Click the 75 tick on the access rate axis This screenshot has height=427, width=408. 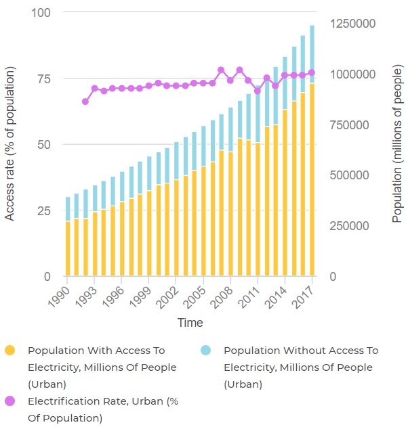coord(43,78)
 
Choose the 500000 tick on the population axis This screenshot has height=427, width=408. coord(350,175)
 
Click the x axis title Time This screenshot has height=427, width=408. coord(190,323)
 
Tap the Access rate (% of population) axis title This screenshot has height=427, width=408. coord(10,143)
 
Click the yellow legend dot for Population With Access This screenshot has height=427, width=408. coord(10,351)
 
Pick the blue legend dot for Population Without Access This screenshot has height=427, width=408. coord(206,351)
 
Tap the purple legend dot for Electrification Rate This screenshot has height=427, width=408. coord(10,401)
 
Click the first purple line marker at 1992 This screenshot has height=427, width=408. coord(85,102)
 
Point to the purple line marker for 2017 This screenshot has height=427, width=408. coord(312,72)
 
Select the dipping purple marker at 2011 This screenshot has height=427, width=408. coord(258,91)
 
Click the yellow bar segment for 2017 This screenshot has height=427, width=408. coord(312,179)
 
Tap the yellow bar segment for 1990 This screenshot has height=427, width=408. coord(68,248)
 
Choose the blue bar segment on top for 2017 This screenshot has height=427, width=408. coord(312,54)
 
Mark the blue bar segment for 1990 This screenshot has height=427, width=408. coord(68,209)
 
